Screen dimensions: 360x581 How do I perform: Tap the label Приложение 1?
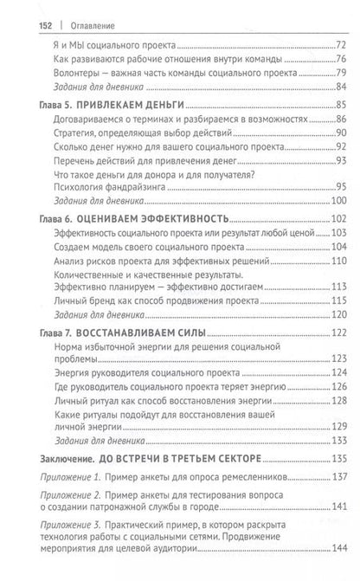pyautogui.click(x=71, y=478)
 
